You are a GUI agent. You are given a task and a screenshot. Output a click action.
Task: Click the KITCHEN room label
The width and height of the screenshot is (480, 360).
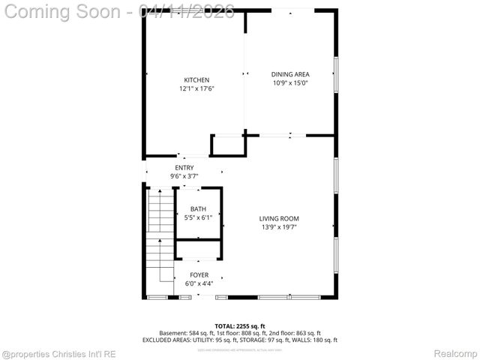(x=196, y=80)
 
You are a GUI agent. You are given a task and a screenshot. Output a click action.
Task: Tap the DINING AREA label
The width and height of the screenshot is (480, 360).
(x=290, y=74)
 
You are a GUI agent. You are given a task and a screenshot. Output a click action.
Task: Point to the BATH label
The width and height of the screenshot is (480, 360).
(x=198, y=209)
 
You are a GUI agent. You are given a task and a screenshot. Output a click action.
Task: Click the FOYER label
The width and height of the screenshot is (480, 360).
(x=199, y=275)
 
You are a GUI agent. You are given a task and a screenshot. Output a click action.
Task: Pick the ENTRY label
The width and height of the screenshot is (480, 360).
(x=184, y=167)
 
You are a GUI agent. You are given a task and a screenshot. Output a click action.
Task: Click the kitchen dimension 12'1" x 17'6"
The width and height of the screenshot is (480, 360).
(x=196, y=89)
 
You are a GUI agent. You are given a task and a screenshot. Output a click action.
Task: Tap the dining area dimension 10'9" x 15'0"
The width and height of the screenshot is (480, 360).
(x=290, y=83)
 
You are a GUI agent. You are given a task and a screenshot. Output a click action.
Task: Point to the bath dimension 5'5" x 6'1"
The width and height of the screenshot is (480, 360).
(x=198, y=218)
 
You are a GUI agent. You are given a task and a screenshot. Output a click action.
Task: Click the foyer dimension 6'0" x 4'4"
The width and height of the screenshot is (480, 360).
(x=199, y=284)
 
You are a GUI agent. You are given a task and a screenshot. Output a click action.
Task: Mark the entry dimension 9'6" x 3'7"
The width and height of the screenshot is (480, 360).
(x=184, y=176)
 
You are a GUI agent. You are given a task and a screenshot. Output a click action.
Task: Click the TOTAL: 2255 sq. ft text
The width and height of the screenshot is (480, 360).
(x=239, y=325)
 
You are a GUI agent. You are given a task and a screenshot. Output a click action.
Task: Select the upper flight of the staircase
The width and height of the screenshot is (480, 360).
(x=160, y=211)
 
